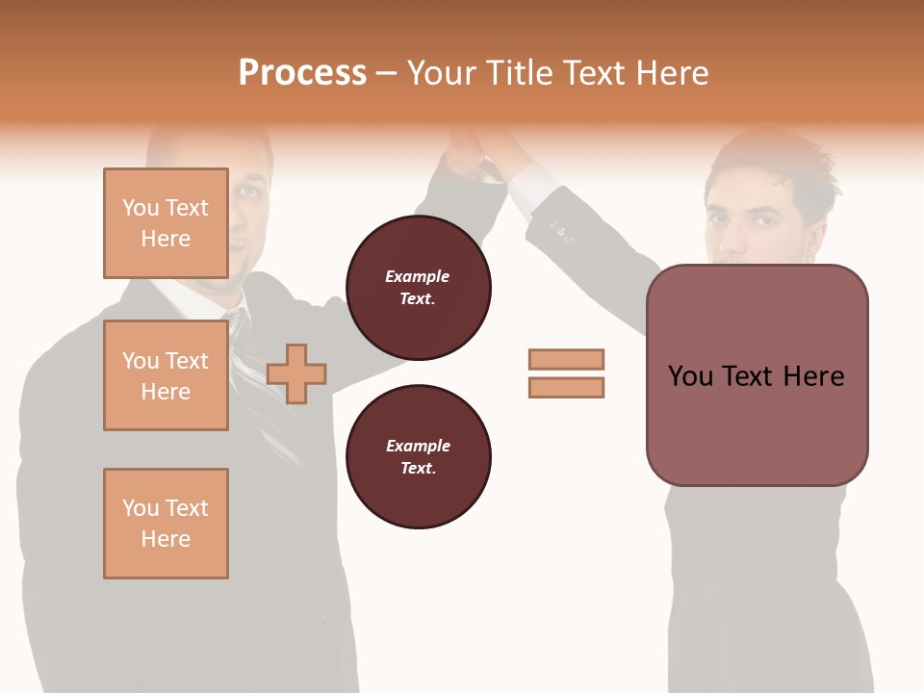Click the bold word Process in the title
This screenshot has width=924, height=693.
click(302, 73)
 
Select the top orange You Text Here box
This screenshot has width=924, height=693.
click(166, 223)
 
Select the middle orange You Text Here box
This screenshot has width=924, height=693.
click(166, 375)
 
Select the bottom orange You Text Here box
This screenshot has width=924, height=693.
click(166, 524)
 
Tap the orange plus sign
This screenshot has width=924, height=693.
click(296, 373)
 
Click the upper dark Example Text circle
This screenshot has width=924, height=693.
click(418, 288)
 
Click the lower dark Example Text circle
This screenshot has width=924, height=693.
click(418, 457)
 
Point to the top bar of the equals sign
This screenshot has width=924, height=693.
click(566, 359)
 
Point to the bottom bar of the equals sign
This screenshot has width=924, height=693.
click(566, 388)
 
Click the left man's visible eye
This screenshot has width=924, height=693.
click(248, 191)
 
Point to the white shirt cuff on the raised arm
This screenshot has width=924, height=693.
click(529, 188)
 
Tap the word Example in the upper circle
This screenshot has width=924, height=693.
click(418, 276)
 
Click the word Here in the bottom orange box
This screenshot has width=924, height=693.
click(166, 539)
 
